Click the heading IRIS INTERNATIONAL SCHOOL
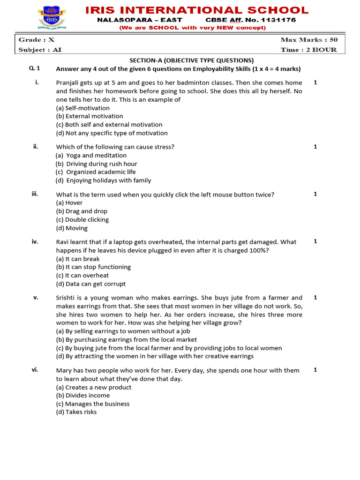(x=197, y=10)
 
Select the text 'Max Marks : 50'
(x=308, y=40)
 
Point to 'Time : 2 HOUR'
(x=308, y=50)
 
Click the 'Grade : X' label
(x=37, y=40)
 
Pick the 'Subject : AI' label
(x=38, y=50)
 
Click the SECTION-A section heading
(x=191, y=60)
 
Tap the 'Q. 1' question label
(x=35, y=68)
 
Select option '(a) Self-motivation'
(x=82, y=108)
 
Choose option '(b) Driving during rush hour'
(x=96, y=164)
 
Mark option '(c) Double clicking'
(x=82, y=219)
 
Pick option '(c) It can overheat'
(x=82, y=275)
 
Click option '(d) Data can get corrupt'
(x=90, y=284)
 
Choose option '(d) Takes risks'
(x=76, y=412)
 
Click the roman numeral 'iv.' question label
(x=35, y=241)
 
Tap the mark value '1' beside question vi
(x=315, y=370)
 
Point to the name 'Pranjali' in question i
(x=68, y=82)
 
